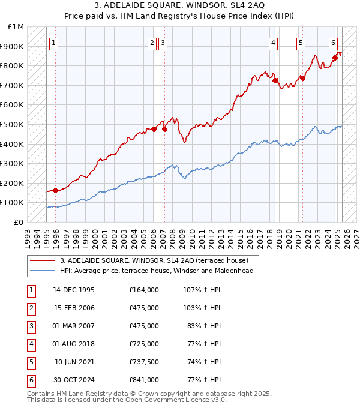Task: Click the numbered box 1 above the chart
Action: [x=54, y=43]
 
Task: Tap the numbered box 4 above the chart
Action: [x=273, y=43]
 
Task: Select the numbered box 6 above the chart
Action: [x=333, y=43]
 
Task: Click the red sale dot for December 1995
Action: [x=56, y=190]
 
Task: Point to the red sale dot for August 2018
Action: [x=275, y=80]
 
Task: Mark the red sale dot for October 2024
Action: [x=336, y=58]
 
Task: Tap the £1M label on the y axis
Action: [x=16, y=27]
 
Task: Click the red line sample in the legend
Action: [x=42, y=260]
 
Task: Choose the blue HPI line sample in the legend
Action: [x=42, y=271]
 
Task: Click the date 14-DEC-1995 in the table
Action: [x=74, y=290]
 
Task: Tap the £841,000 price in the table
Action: [x=144, y=380]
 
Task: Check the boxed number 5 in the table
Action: [x=30, y=362]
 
